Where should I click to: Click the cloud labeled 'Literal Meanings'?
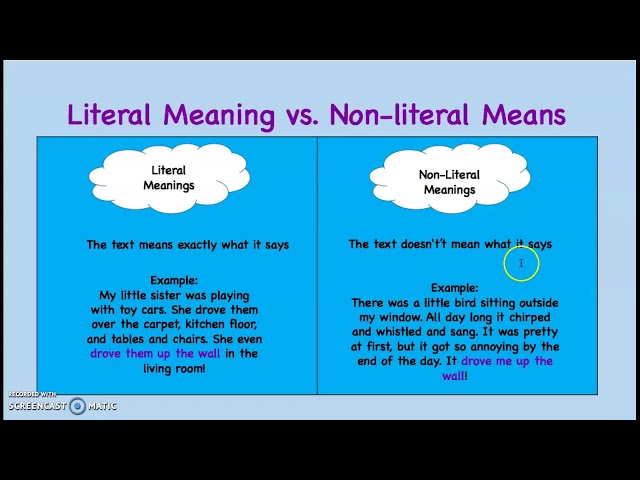168,178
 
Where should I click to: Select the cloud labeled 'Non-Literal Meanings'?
449,181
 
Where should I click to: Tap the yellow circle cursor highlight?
521,264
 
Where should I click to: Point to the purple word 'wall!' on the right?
455,375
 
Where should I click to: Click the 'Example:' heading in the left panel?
174,281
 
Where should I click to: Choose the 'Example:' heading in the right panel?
455,288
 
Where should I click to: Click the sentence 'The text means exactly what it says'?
187,245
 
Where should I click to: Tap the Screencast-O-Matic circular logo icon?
77,406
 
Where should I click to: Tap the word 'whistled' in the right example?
406,331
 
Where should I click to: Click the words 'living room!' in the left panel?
174,367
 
